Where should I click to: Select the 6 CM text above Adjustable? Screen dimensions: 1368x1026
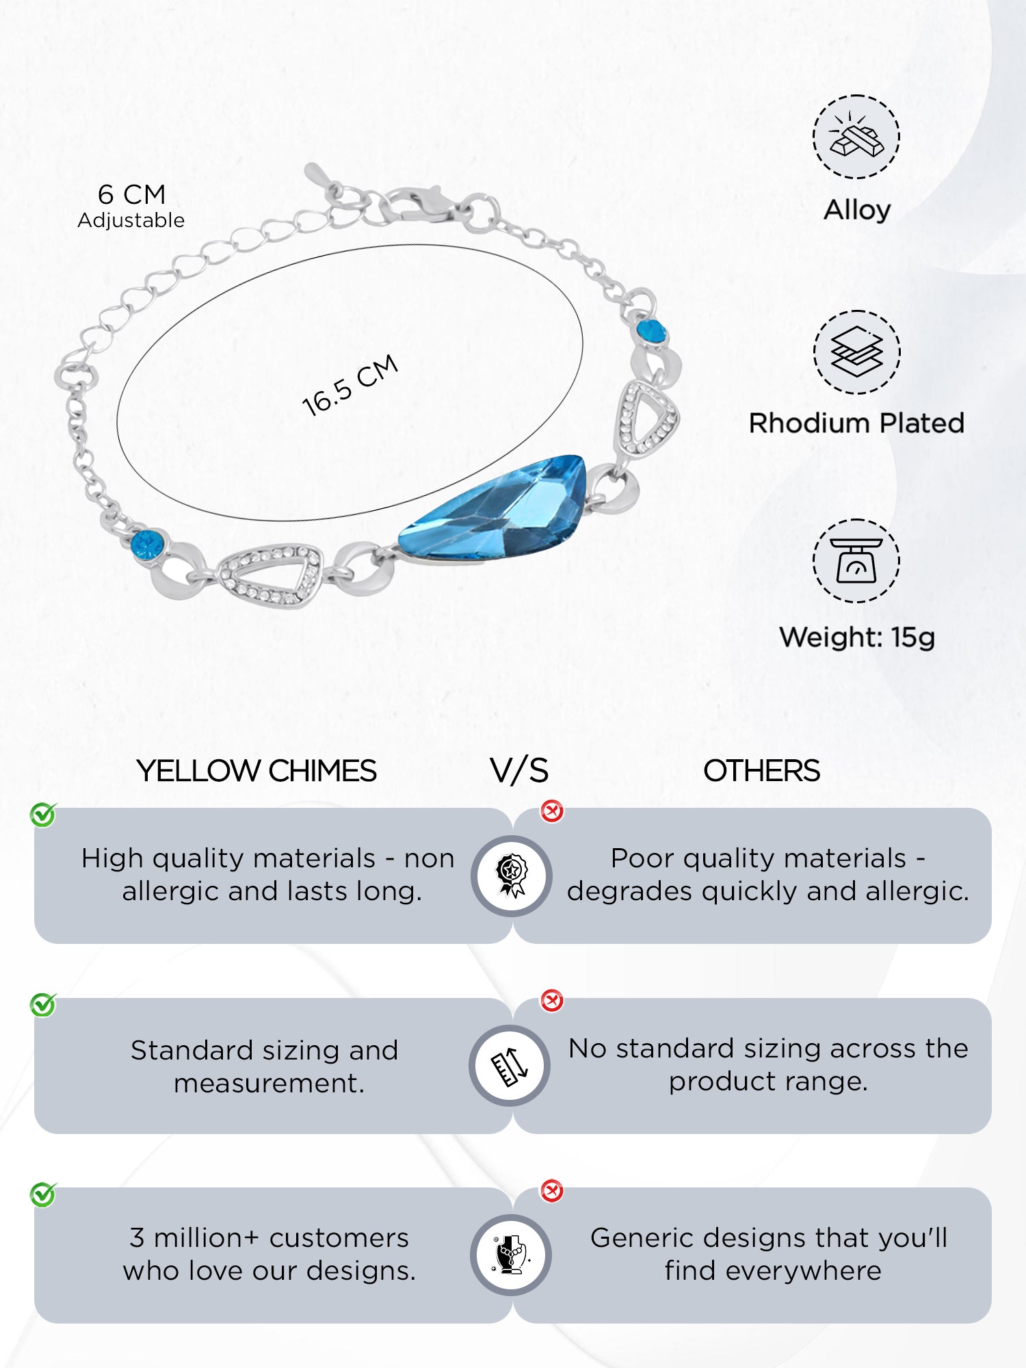coord(131,194)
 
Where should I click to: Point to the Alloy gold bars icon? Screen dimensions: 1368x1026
coord(856,137)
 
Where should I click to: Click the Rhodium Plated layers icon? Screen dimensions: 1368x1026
coord(856,352)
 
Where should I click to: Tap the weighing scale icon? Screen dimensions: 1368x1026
coord(856,561)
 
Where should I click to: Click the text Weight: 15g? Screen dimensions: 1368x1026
coord(856,637)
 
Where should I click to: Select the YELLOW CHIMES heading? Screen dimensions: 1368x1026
coord(256,771)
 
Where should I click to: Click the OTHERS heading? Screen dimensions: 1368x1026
coord(761,771)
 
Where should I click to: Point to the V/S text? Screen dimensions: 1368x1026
coord(519,771)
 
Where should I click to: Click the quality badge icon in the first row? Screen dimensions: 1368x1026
coord(512,876)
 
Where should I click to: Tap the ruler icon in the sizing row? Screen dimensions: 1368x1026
coord(510,1066)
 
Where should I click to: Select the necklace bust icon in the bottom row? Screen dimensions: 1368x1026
coord(512,1255)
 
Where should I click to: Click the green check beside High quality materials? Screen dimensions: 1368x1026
coord(43,815)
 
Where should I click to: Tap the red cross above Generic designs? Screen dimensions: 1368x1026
coord(552,1191)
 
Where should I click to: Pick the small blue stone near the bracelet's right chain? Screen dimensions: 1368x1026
coord(651,331)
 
